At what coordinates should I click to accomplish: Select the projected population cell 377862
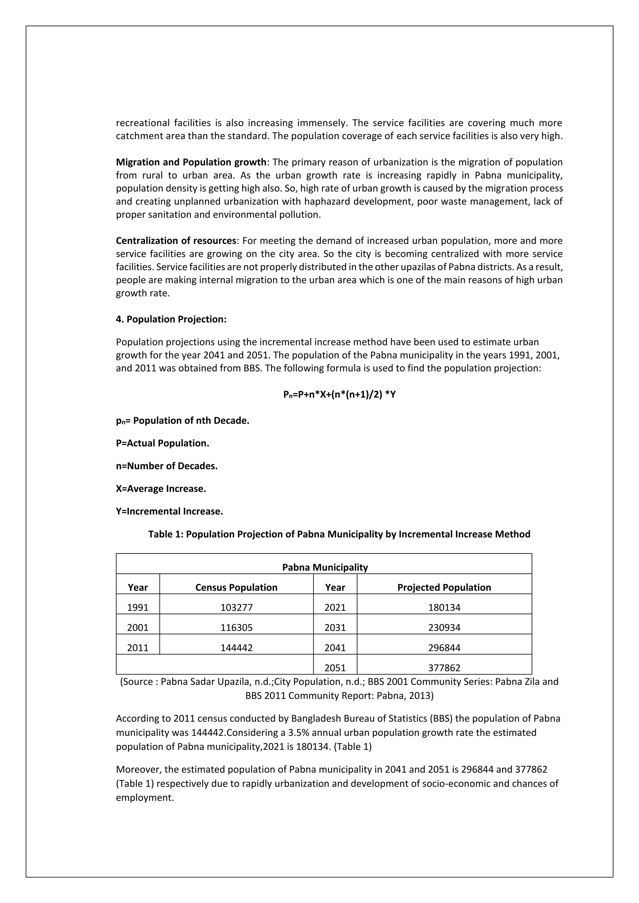(444, 668)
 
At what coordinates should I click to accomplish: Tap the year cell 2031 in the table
(335, 627)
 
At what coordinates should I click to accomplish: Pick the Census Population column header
(237, 587)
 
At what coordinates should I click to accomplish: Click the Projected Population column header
(444, 587)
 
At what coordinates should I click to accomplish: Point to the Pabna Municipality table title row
(324, 567)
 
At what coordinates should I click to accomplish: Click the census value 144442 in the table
(237, 647)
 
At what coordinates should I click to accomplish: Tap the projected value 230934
(444, 627)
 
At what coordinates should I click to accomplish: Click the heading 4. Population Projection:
(171, 319)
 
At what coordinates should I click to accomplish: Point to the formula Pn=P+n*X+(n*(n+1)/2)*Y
(339, 394)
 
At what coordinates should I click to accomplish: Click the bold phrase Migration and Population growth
(191, 162)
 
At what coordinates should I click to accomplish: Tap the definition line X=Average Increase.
(161, 489)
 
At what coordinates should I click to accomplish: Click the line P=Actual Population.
(162, 443)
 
